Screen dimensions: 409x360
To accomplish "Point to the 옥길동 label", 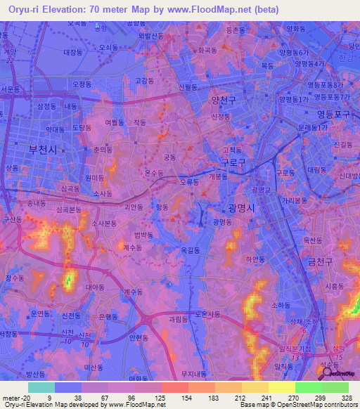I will (x=191, y=249).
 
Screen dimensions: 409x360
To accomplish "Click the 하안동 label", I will (x=255, y=259).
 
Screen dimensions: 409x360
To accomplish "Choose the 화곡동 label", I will (x=207, y=51).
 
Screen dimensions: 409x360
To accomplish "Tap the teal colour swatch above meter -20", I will (x=41, y=387).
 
